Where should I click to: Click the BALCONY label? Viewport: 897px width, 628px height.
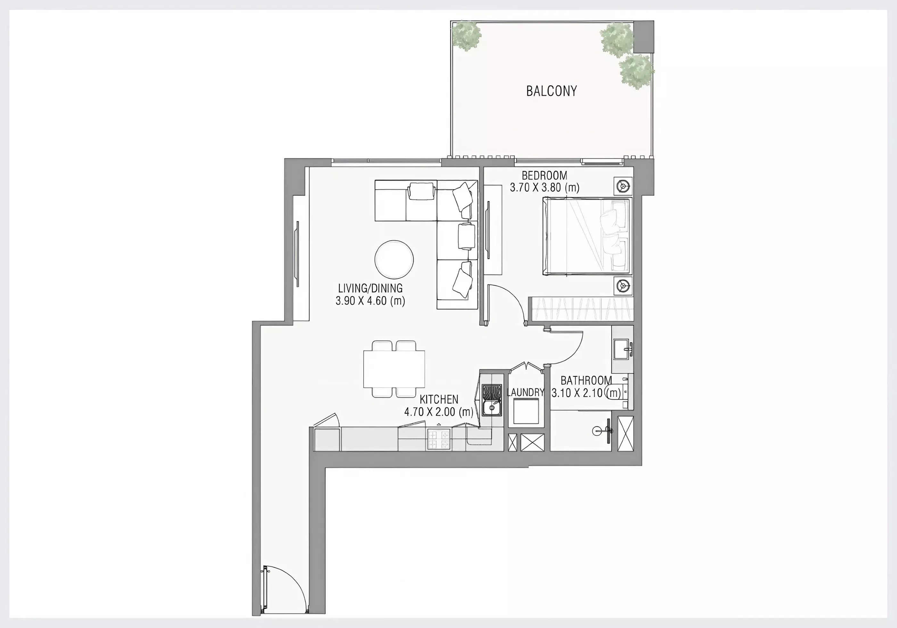(x=551, y=91)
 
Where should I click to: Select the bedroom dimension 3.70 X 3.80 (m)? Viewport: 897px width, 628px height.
(x=545, y=187)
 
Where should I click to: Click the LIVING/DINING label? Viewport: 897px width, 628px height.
(x=370, y=288)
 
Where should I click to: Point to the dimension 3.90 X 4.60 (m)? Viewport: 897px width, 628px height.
(x=370, y=301)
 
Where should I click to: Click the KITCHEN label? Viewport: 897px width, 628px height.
(x=439, y=399)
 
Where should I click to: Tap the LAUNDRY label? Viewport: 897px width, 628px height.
(x=525, y=392)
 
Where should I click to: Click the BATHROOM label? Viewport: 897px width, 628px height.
(x=586, y=380)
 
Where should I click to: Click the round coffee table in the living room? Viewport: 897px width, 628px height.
(x=394, y=260)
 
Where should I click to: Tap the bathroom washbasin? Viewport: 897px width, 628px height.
(x=621, y=349)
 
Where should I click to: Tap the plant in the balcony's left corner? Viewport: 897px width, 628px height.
(x=467, y=36)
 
